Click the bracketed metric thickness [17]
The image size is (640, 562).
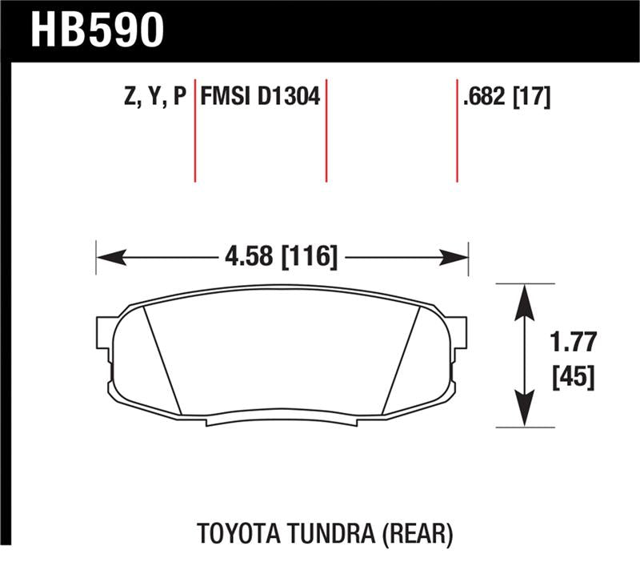coord(532,97)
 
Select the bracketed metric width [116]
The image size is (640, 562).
coord(308,257)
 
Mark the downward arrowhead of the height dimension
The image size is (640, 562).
coord(523,413)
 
